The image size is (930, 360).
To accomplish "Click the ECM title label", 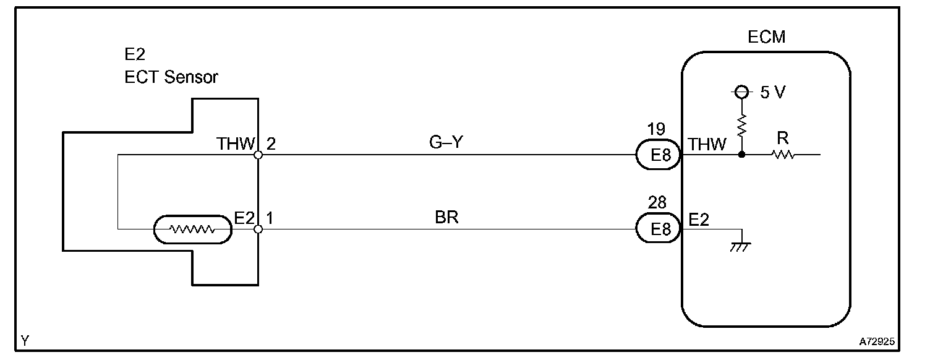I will coord(766,37).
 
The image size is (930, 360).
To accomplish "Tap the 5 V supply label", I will coord(773,93).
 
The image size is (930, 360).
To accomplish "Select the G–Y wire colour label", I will coord(446,143).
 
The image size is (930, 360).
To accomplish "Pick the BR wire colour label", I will coord(446,217).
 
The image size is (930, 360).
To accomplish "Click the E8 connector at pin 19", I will coord(659,155).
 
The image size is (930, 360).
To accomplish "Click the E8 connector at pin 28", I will coord(659,229).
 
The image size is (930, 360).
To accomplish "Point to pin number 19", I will coord(657,129).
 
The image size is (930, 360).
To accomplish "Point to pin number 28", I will coord(657,204).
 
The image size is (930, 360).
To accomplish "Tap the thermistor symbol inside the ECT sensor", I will coord(192,229).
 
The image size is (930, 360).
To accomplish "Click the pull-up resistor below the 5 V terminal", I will coord(742,126).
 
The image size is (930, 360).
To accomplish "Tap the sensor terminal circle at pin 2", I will coord(258,155).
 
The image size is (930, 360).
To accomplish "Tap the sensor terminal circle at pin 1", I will coord(258,229).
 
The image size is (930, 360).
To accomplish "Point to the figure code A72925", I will coord(876,341).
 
